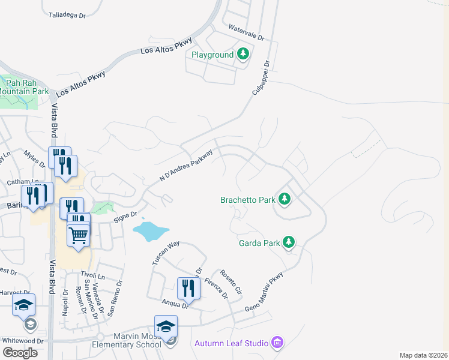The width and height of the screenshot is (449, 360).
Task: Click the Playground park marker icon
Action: tap(243, 55)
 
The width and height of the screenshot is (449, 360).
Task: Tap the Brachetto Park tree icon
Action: tap(285, 199)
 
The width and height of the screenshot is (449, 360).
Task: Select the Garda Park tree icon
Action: tap(289, 242)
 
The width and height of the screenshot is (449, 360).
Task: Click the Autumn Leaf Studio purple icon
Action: tap(277, 343)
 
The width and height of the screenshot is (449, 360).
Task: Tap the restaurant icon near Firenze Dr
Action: tap(188, 289)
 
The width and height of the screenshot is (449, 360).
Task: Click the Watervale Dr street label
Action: tap(247, 32)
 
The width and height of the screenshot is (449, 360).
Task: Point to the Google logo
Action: tap(20, 353)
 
